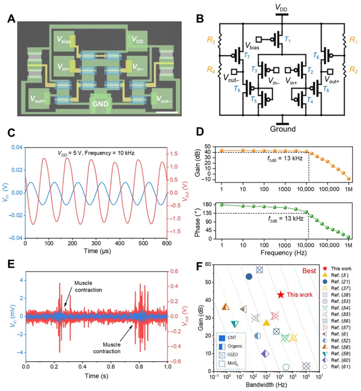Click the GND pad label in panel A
point(100,104)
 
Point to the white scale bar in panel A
point(169,112)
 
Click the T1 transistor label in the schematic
point(288,40)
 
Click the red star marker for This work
point(280,295)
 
